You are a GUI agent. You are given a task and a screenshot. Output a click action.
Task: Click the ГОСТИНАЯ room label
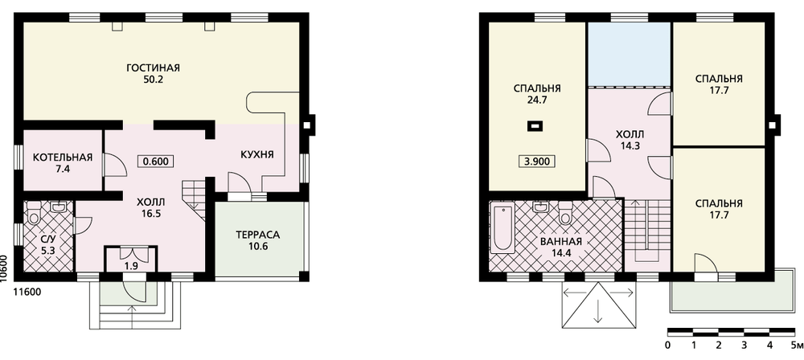tap(154, 68)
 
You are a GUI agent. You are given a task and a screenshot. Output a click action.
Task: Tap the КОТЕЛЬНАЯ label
tap(63, 157)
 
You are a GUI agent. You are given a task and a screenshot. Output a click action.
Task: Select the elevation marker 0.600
tap(156, 161)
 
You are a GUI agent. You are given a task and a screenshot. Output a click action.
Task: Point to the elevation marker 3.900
tap(537, 162)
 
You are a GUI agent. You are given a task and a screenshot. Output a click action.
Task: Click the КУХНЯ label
tap(257, 155)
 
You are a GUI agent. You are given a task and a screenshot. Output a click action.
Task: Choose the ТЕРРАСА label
tap(258, 235)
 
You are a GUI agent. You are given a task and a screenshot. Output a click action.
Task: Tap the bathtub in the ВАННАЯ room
tap(502, 227)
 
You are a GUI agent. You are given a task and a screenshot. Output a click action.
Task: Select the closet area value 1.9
tap(131, 266)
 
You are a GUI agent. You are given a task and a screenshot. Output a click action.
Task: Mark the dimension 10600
tap(5, 268)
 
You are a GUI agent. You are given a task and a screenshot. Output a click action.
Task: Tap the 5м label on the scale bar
tap(796, 345)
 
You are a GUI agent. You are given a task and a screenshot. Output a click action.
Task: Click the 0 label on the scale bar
tap(668, 345)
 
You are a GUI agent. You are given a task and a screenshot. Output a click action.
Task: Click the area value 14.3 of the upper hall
tap(630, 145)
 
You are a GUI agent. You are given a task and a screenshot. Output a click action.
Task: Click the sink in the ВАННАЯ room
tap(539, 207)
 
